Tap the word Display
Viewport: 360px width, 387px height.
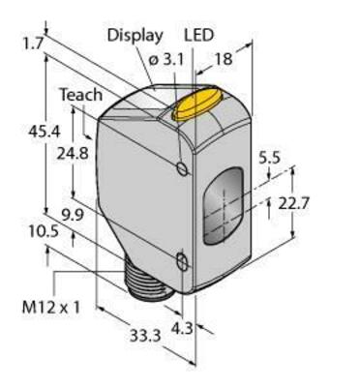[x=135, y=35]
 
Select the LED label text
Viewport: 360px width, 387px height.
[x=199, y=35]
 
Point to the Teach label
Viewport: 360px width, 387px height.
[x=81, y=95]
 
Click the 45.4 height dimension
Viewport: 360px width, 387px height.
[x=45, y=132]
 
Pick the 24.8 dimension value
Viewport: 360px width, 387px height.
[x=73, y=154]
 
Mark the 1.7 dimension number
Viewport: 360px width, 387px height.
[x=33, y=45]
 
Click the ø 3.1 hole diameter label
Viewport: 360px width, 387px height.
[x=166, y=60]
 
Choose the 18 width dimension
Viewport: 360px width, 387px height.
[x=224, y=59]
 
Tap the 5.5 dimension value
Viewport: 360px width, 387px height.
[x=270, y=158]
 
